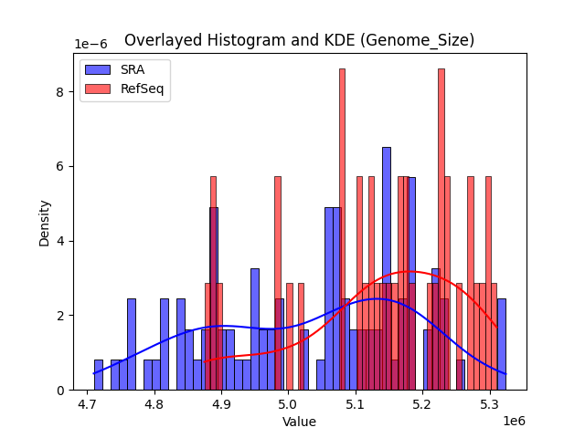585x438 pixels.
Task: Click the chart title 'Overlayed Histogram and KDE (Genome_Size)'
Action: coord(299,40)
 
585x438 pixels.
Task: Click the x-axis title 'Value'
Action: coord(299,422)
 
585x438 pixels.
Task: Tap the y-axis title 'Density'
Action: coord(45,223)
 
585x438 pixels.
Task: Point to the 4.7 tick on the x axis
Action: coord(87,403)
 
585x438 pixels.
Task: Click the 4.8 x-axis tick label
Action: coord(154,403)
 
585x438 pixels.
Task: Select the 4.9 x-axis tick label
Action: coord(220,403)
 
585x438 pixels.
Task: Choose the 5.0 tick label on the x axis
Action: coord(288,403)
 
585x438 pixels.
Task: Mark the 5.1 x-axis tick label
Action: coord(355,403)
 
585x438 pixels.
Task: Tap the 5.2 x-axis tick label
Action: coord(421,403)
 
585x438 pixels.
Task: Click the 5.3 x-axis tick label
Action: coord(488,403)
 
